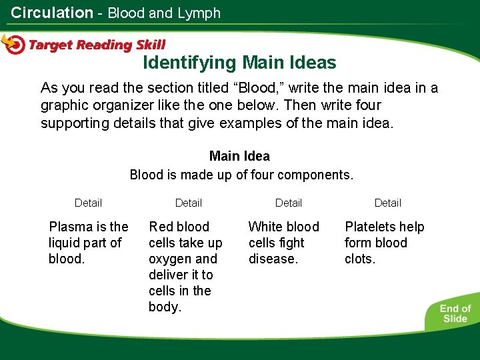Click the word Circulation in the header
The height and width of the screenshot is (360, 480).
click(x=52, y=13)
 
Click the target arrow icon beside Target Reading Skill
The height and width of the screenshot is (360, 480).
click(x=13, y=44)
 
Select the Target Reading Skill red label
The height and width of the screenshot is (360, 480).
click(x=97, y=45)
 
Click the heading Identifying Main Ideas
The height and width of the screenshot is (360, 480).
click(x=239, y=63)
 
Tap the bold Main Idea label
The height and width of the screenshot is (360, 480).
click(x=239, y=156)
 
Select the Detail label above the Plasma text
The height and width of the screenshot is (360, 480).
click(x=88, y=203)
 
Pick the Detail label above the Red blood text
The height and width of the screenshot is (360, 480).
click(x=188, y=203)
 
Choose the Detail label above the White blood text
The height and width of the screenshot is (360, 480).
click(x=288, y=203)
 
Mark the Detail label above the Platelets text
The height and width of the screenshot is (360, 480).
click(x=387, y=203)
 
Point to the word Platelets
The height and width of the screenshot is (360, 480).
click(x=370, y=227)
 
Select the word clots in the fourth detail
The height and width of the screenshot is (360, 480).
click(x=359, y=259)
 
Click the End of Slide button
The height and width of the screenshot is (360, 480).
click(x=455, y=313)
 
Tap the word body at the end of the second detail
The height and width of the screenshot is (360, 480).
click(x=164, y=307)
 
